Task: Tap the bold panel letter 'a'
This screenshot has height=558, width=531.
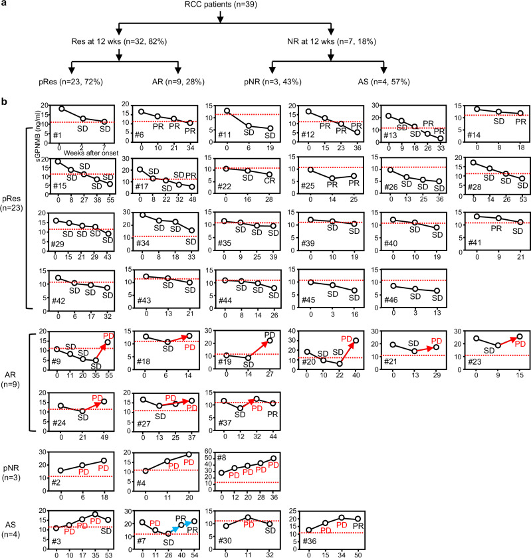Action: coord(4,5)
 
